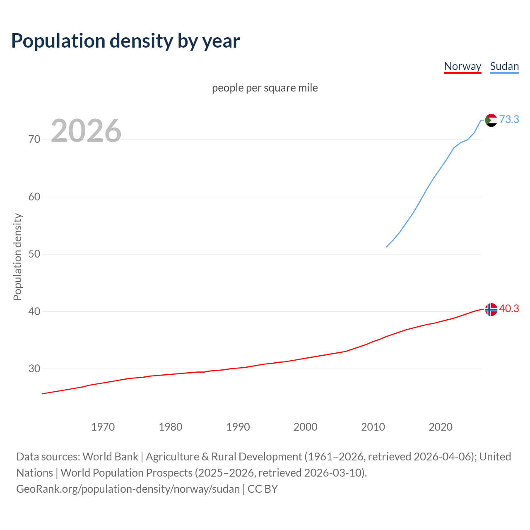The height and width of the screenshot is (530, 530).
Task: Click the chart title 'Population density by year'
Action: pyautogui.click(x=125, y=41)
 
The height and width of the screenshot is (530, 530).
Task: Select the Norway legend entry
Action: pyautogui.click(x=463, y=66)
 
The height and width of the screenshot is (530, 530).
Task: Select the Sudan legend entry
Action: pyautogui.click(x=504, y=66)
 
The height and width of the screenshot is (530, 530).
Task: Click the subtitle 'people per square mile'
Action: pyautogui.click(x=265, y=88)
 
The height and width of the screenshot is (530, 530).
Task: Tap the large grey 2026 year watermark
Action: pyautogui.click(x=86, y=131)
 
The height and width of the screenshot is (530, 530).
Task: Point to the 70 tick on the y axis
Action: pyautogui.click(x=34, y=140)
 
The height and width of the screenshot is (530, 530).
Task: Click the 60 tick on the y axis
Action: pyautogui.click(x=34, y=197)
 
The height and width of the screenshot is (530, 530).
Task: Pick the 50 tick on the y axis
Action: pyautogui.click(x=34, y=254)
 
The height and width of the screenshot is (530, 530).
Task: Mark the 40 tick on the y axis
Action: pyautogui.click(x=34, y=311)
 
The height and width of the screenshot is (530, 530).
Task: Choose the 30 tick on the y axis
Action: pyautogui.click(x=34, y=369)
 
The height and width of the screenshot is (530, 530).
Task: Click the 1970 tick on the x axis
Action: pyautogui.click(x=103, y=427)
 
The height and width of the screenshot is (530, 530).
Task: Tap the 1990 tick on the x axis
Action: pyautogui.click(x=238, y=427)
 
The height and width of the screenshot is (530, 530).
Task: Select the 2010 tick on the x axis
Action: pyautogui.click(x=373, y=427)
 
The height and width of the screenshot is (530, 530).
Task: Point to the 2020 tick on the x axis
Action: pyautogui.click(x=441, y=427)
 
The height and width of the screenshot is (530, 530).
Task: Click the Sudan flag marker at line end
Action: pyautogui.click(x=491, y=120)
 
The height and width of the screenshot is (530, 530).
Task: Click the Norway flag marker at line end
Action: pyautogui.click(x=491, y=309)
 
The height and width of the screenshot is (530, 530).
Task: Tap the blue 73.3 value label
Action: pyautogui.click(x=509, y=119)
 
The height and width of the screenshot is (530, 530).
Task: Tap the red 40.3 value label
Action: pyautogui.click(x=509, y=309)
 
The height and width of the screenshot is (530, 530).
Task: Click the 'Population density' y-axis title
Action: pyautogui.click(x=17, y=257)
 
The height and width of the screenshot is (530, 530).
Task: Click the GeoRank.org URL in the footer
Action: pyautogui.click(x=128, y=489)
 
